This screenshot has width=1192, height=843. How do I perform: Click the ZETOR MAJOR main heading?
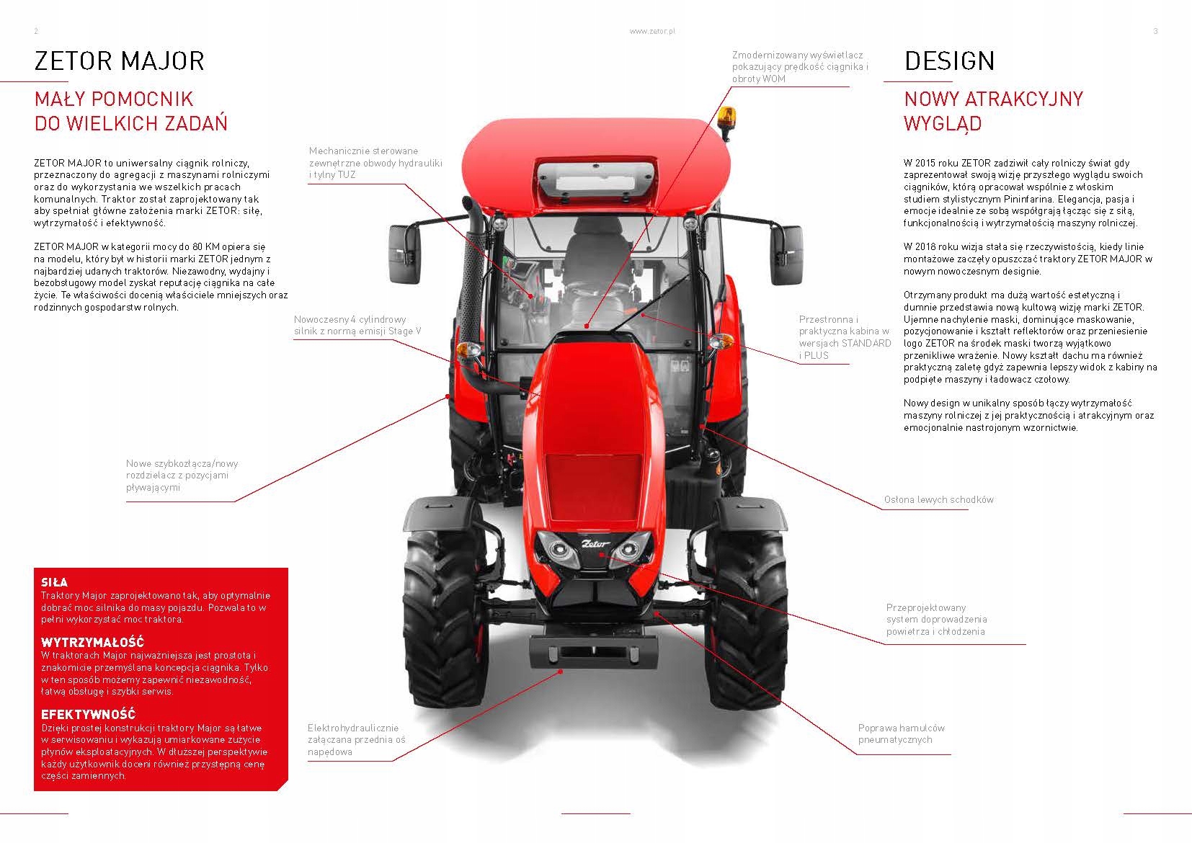click(120, 61)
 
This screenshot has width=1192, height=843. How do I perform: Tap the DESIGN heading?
click(949, 61)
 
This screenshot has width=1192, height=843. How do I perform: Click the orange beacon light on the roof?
click(726, 116)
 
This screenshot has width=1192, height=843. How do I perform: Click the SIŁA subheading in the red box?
click(55, 582)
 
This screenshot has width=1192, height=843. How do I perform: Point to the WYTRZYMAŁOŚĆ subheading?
click(92, 642)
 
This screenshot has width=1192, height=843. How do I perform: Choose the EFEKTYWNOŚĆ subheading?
click(88, 715)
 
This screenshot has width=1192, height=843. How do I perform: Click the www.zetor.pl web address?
click(651, 32)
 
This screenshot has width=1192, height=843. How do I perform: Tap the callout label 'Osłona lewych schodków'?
click(938, 499)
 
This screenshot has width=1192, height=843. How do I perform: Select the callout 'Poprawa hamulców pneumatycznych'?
click(901, 733)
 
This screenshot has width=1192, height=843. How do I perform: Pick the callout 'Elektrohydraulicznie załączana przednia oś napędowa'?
click(356, 739)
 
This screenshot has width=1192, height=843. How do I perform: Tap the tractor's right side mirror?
click(788, 254)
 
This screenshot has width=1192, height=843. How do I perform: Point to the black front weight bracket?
click(593, 653)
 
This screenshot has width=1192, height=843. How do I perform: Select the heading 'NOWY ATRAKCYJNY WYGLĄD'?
click(993, 111)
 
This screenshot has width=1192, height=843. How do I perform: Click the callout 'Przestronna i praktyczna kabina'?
click(845, 337)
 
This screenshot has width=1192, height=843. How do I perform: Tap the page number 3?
click(1155, 32)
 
